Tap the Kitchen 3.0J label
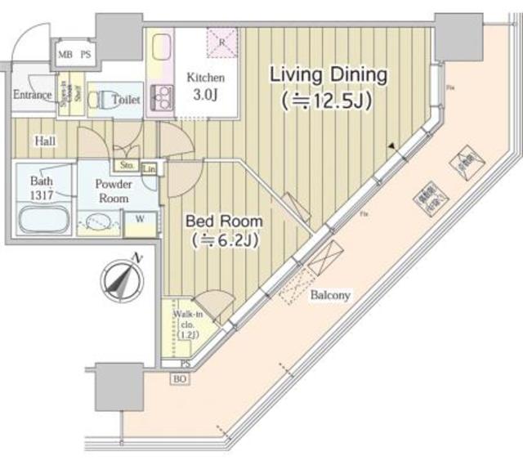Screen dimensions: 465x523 click(x=205, y=85)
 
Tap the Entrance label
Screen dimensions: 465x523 click(x=32, y=95)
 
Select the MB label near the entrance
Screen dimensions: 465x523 click(x=65, y=55)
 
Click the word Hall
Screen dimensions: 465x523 click(x=44, y=141)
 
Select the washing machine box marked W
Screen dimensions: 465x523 click(x=140, y=219)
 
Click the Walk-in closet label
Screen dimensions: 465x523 click(x=187, y=323)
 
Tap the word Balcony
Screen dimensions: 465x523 click(x=330, y=295)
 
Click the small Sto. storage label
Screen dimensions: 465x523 click(x=128, y=164)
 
